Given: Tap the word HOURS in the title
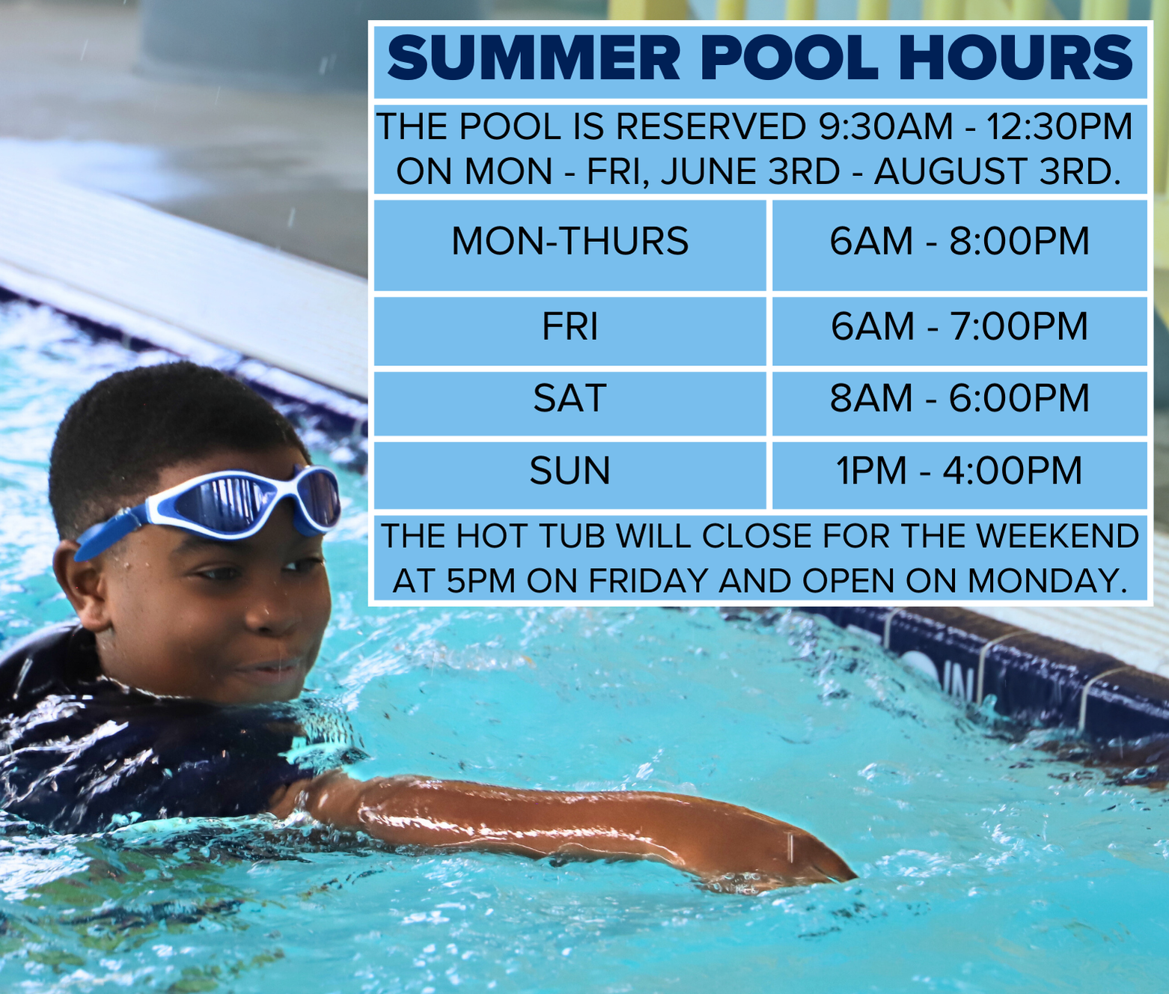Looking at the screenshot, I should (x=1015, y=58).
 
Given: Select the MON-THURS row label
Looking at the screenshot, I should (x=570, y=242).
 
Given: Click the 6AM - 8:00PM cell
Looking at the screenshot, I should (x=959, y=242).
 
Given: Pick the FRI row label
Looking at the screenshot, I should (x=570, y=327).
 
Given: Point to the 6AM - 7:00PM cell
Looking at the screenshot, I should (x=959, y=327).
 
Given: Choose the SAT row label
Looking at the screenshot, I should (x=570, y=398).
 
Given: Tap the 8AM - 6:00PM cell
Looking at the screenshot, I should (x=959, y=398).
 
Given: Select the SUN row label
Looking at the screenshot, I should (x=570, y=471).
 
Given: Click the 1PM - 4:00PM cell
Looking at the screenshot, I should (x=959, y=471).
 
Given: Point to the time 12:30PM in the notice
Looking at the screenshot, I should (x=1059, y=126).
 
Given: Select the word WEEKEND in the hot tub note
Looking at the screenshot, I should (x=1057, y=537).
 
